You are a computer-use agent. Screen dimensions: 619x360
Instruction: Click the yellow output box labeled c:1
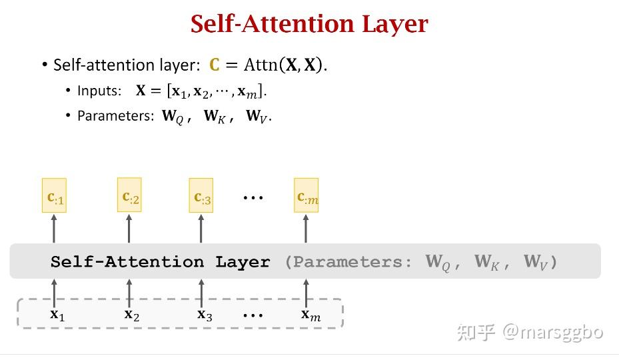click(54, 195)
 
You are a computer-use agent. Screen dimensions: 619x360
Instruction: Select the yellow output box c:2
click(129, 195)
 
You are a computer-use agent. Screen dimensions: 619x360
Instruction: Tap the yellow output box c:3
click(201, 195)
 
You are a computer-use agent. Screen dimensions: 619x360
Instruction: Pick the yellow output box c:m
click(306, 195)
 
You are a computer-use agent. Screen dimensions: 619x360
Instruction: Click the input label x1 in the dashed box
click(57, 315)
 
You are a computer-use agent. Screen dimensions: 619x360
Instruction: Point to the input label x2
click(132, 315)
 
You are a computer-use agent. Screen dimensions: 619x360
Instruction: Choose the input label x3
click(205, 315)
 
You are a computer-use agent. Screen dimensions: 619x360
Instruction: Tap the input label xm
click(310, 315)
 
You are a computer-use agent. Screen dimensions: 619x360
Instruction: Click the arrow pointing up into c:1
click(54, 229)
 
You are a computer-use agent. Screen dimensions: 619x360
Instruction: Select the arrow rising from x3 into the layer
click(201, 294)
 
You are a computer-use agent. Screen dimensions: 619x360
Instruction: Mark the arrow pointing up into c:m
click(306, 229)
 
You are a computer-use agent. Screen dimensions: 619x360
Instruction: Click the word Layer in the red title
click(394, 25)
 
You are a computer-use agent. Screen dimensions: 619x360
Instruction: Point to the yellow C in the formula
click(215, 65)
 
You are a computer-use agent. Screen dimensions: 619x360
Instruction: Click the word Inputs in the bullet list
click(99, 91)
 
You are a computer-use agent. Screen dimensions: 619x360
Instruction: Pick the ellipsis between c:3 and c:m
click(253, 197)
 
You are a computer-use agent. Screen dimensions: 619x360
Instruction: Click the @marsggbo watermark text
click(552, 332)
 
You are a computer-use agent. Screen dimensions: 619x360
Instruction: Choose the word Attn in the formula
click(261, 65)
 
